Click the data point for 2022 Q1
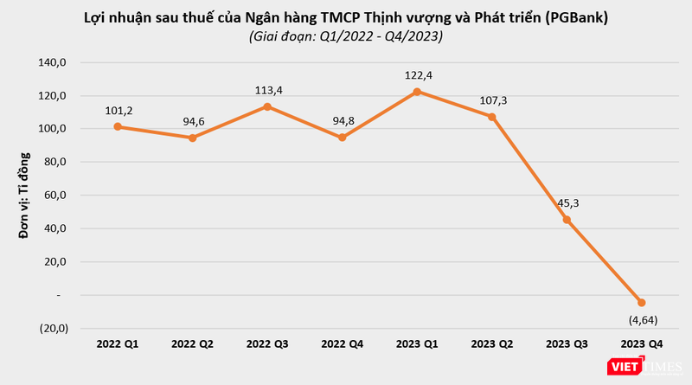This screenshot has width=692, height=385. coord(118,127)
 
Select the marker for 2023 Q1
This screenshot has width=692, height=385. coord(417,92)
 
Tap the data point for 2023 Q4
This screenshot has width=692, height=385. coord(641,302)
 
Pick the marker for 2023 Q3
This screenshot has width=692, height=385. coord(567,220)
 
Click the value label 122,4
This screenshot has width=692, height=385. coord(417,75)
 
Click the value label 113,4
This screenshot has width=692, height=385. coord(267,89)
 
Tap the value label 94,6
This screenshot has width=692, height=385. coord(194,120)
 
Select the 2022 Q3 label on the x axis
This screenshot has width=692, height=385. coord(267,344)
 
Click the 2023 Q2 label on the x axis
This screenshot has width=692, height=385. coord(492,344)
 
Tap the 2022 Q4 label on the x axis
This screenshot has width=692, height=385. coord(343,344)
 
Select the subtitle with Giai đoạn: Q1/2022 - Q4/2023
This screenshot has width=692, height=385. coord(345,36)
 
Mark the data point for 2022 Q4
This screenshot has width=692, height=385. coord(343,138)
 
